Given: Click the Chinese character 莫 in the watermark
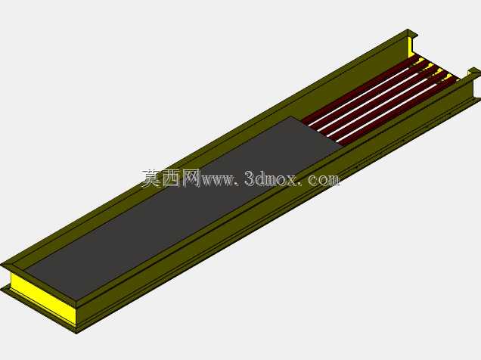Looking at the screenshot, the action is click(x=152, y=178).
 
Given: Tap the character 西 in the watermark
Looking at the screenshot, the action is click(x=172, y=178).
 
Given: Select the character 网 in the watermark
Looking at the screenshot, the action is click(x=191, y=178).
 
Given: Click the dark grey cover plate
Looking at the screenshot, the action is click(x=184, y=209).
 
